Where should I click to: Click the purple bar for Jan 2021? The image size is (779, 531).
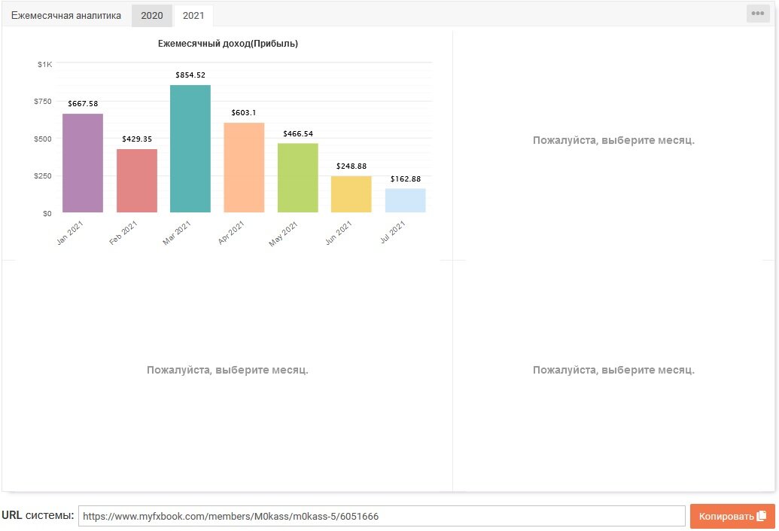point(83,163)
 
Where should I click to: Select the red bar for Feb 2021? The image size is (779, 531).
point(137,181)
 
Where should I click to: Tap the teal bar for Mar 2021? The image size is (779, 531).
point(190,148)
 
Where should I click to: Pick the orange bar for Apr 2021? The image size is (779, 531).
point(244,167)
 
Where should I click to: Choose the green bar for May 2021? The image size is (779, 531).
point(297,178)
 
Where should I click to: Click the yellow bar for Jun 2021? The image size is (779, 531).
point(351,194)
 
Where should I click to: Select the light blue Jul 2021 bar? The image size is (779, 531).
point(406,200)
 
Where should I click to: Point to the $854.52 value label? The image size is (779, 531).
point(190,75)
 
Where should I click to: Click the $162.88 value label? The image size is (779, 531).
point(406,179)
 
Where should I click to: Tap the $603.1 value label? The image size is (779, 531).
point(243,113)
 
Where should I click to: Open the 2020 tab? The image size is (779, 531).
point(152,15)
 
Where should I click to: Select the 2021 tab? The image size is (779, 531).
point(193,15)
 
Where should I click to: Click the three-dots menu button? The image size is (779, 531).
point(758,14)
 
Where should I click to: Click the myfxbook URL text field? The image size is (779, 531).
point(382,516)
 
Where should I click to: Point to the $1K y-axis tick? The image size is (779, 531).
point(44,64)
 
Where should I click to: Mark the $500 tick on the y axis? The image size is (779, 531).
point(43,139)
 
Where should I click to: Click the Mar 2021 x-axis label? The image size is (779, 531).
point(177,233)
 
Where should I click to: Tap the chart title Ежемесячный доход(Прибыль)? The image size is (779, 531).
point(228,44)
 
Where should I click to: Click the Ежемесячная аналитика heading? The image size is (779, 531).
point(66,15)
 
